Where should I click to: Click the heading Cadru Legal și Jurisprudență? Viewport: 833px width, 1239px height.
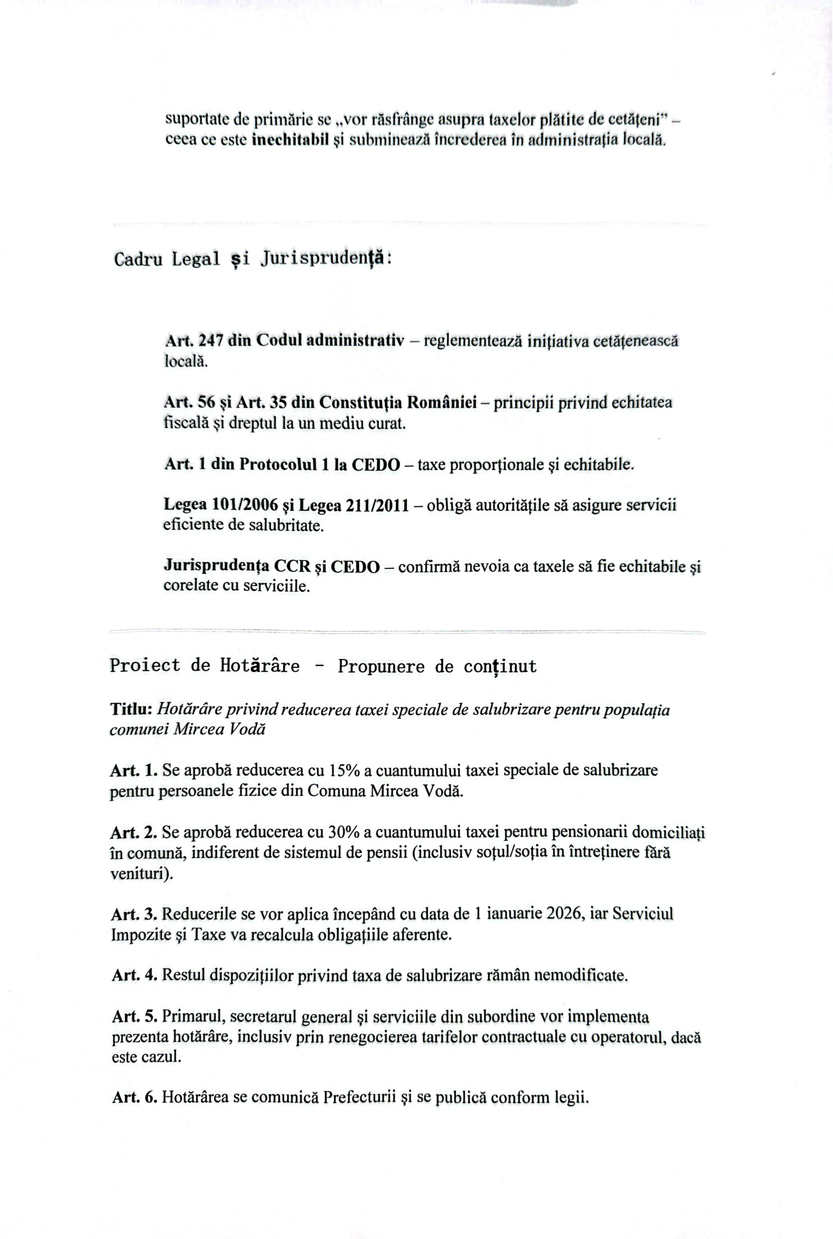(253, 259)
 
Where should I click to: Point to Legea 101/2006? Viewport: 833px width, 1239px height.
(221, 505)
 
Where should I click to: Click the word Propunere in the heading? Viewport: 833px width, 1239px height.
(381, 667)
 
